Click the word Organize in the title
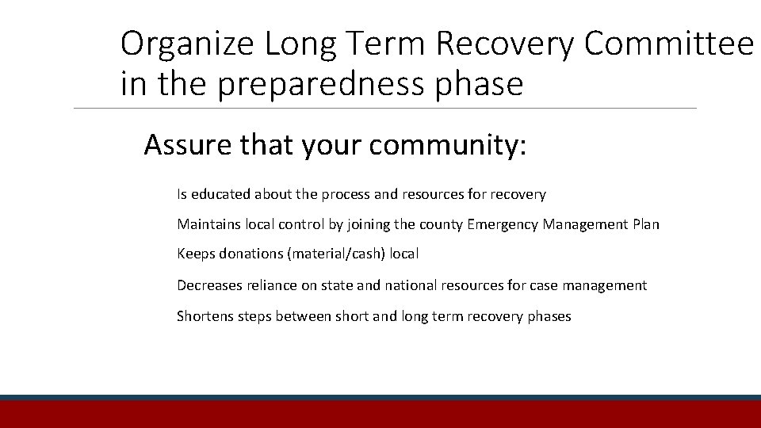pyautogui.click(x=188, y=45)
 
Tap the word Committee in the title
pyautogui.click(x=668, y=45)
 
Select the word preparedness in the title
pyautogui.click(x=324, y=84)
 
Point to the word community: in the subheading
pyautogui.click(x=448, y=146)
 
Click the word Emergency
pyautogui.click(x=503, y=224)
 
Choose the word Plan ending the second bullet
pyautogui.click(x=646, y=224)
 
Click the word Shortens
pyautogui.click(x=205, y=316)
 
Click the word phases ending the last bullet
pyautogui.click(x=549, y=316)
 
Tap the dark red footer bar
pyautogui.click(x=380, y=415)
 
